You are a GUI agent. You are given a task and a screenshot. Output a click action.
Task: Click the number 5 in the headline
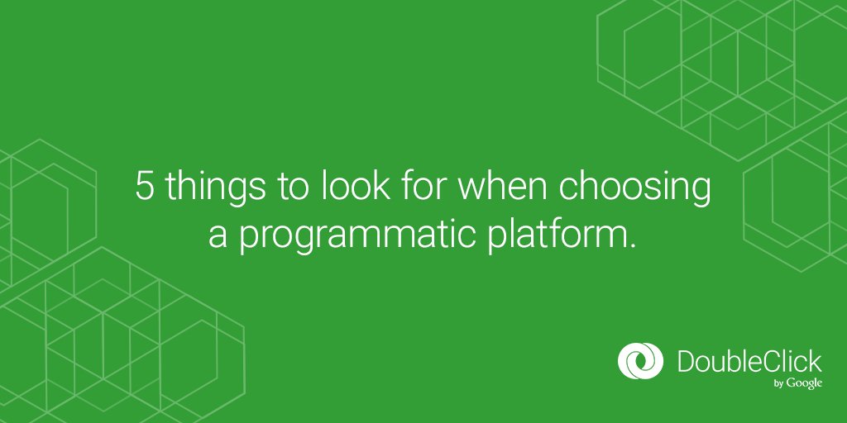(145, 188)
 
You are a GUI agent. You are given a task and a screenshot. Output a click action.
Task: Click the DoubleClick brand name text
(749, 361)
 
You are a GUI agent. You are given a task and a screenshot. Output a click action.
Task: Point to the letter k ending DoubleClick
(816, 361)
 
